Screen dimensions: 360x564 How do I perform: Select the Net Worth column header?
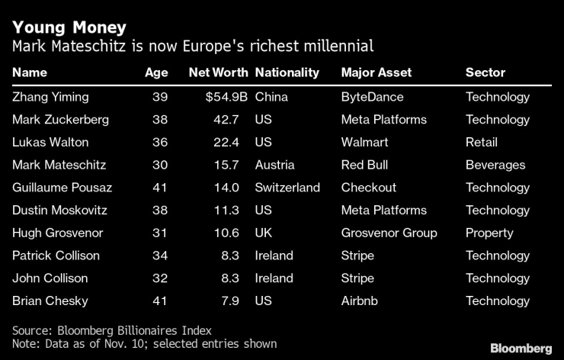218,72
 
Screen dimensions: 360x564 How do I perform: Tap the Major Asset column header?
376,72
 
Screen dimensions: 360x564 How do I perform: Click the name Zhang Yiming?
50,97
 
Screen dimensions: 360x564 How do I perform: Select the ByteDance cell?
372,97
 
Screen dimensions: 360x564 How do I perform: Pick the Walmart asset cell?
364,142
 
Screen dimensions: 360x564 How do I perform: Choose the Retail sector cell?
481,142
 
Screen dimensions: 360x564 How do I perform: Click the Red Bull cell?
366,165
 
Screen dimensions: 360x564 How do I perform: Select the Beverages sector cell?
495,165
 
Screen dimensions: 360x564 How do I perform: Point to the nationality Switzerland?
287,188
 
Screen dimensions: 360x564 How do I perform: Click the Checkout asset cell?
368,188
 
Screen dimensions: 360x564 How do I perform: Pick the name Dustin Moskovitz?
60,211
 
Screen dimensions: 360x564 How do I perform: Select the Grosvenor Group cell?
389,233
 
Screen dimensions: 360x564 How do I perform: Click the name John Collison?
50,278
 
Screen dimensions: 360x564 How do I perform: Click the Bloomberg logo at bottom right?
520,348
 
